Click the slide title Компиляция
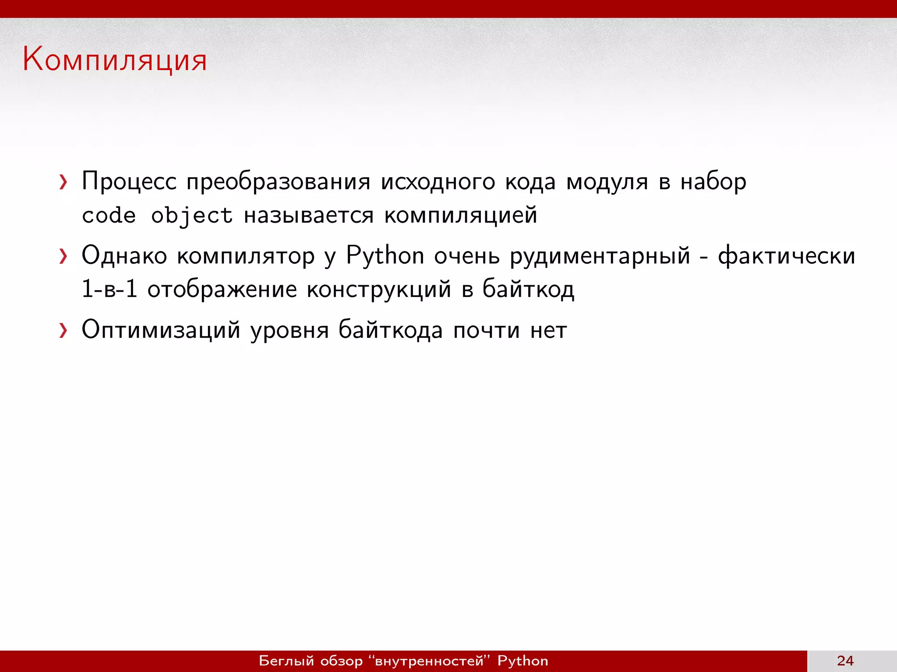click(x=115, y=59)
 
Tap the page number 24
click(x=845, y=661)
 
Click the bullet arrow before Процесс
click(x=64, y=182)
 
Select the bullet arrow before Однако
click(x=64, y=256)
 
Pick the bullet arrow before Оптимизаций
click(x=64, y=331)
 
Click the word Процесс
click(x=129, y=182)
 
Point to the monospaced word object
click(x=191, y=216)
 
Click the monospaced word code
click(x=109, y=216)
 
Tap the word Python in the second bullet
click(x=385, y=256)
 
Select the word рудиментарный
click(x=600, y=256)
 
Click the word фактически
click(x=786, y=256)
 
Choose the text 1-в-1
click(x=109, y=289)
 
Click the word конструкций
click(x=379, y=290)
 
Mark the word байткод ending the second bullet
click(x=528, y=290)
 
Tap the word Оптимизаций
click(x=161, y=330)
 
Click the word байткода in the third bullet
click(x=391, y=330)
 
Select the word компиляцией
click(x=460, y=215)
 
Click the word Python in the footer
click(x=523, y=661)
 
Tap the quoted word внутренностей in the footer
click(x=429, y=661)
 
